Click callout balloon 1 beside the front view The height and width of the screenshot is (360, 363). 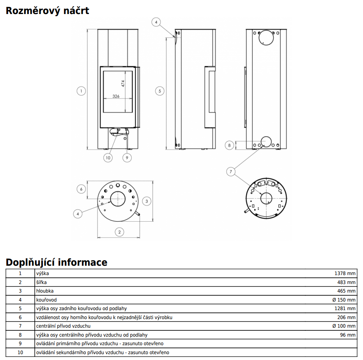(81, 91)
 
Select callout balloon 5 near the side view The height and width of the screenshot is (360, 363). (159, 91)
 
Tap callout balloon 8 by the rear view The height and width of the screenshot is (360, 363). (230, 145)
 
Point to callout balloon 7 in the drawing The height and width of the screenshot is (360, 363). (231, 171)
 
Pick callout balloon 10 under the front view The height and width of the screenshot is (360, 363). (108, 158)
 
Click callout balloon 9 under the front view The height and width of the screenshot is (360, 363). (126, 158)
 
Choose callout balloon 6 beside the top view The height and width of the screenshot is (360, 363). (81, 189)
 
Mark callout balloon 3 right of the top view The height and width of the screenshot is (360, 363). (146, 201)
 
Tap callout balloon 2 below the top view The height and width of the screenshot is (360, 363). (119, 232)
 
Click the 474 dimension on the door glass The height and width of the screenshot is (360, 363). (123, 83)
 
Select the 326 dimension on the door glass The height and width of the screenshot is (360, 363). (116, 96)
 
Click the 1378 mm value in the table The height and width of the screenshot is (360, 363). (345, 274)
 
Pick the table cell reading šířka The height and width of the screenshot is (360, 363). (41, 282)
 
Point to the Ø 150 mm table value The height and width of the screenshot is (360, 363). (344, 300)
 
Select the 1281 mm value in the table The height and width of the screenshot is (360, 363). (345, 309)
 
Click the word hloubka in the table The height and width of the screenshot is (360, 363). (44, 291)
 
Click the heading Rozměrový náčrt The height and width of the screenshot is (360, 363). (47, 11)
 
